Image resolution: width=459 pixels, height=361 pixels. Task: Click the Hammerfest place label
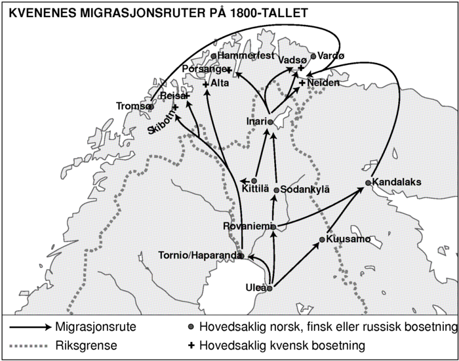(245, 56)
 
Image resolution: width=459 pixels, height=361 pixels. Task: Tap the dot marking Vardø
(313, 56)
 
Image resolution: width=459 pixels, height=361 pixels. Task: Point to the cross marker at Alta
(206, 84)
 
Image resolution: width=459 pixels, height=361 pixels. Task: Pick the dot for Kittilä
(254, 180)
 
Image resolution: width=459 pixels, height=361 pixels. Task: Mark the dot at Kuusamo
(322, 240)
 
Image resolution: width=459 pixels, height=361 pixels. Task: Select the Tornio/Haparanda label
(198, 255)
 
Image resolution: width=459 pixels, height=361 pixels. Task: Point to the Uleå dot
(269, 287)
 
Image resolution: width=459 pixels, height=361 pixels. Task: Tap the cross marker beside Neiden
(302, 83)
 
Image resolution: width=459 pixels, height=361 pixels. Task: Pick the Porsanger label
(204, 68)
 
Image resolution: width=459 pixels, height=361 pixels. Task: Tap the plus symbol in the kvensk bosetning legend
(191, 344)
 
